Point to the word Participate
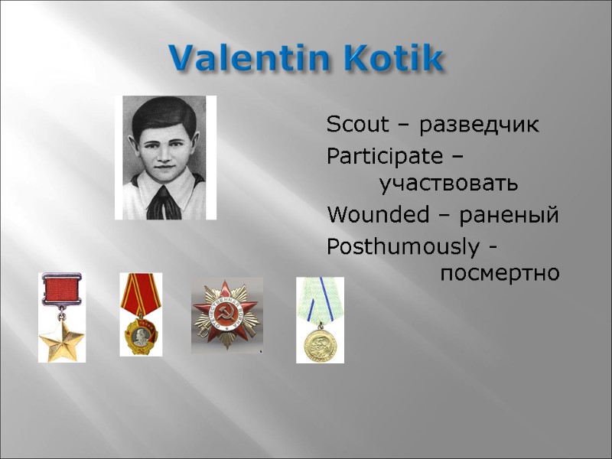(x=384, y=157)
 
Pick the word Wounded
(x=377, y=216)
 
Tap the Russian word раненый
(x=509, y=216)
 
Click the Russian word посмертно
(x=500, y=273)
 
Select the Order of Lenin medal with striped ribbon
(x=141, y=333)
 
